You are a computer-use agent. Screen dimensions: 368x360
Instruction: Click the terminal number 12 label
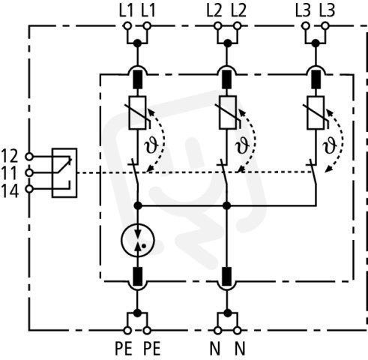10,156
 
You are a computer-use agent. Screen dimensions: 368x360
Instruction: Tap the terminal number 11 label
10,172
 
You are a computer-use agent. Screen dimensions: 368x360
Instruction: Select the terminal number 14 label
10,190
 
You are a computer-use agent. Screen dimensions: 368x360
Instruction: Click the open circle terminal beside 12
29,157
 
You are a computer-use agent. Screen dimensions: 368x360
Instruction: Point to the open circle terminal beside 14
29,189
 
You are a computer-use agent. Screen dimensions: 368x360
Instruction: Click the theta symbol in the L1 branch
151,145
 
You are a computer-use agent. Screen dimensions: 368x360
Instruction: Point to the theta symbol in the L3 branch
329,145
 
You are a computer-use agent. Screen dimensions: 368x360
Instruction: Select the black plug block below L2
227,79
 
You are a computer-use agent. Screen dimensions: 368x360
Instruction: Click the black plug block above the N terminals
227,276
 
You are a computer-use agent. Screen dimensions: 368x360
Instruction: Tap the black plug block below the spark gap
137,276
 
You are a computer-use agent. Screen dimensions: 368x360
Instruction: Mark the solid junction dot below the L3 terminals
316,43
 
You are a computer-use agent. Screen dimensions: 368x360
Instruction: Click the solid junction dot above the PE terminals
137,313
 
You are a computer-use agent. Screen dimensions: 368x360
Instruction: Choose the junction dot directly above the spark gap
138,205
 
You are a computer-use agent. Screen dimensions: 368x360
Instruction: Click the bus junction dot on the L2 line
226,205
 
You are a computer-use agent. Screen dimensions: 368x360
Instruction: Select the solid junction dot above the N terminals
227,313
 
